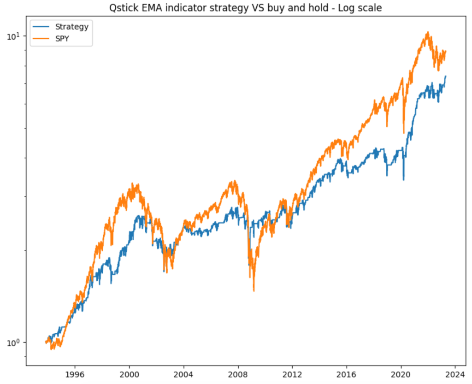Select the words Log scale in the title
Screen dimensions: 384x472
pos(363,8)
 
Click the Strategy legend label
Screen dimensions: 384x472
pos(71,27)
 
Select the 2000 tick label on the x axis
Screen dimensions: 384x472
pos(129,374)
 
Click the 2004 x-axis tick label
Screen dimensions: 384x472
pos(183,374)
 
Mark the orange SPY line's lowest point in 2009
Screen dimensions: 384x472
pos(254,291)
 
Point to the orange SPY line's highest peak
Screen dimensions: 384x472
pos(428,32)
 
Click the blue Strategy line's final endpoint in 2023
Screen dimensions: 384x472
pos(446,76)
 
